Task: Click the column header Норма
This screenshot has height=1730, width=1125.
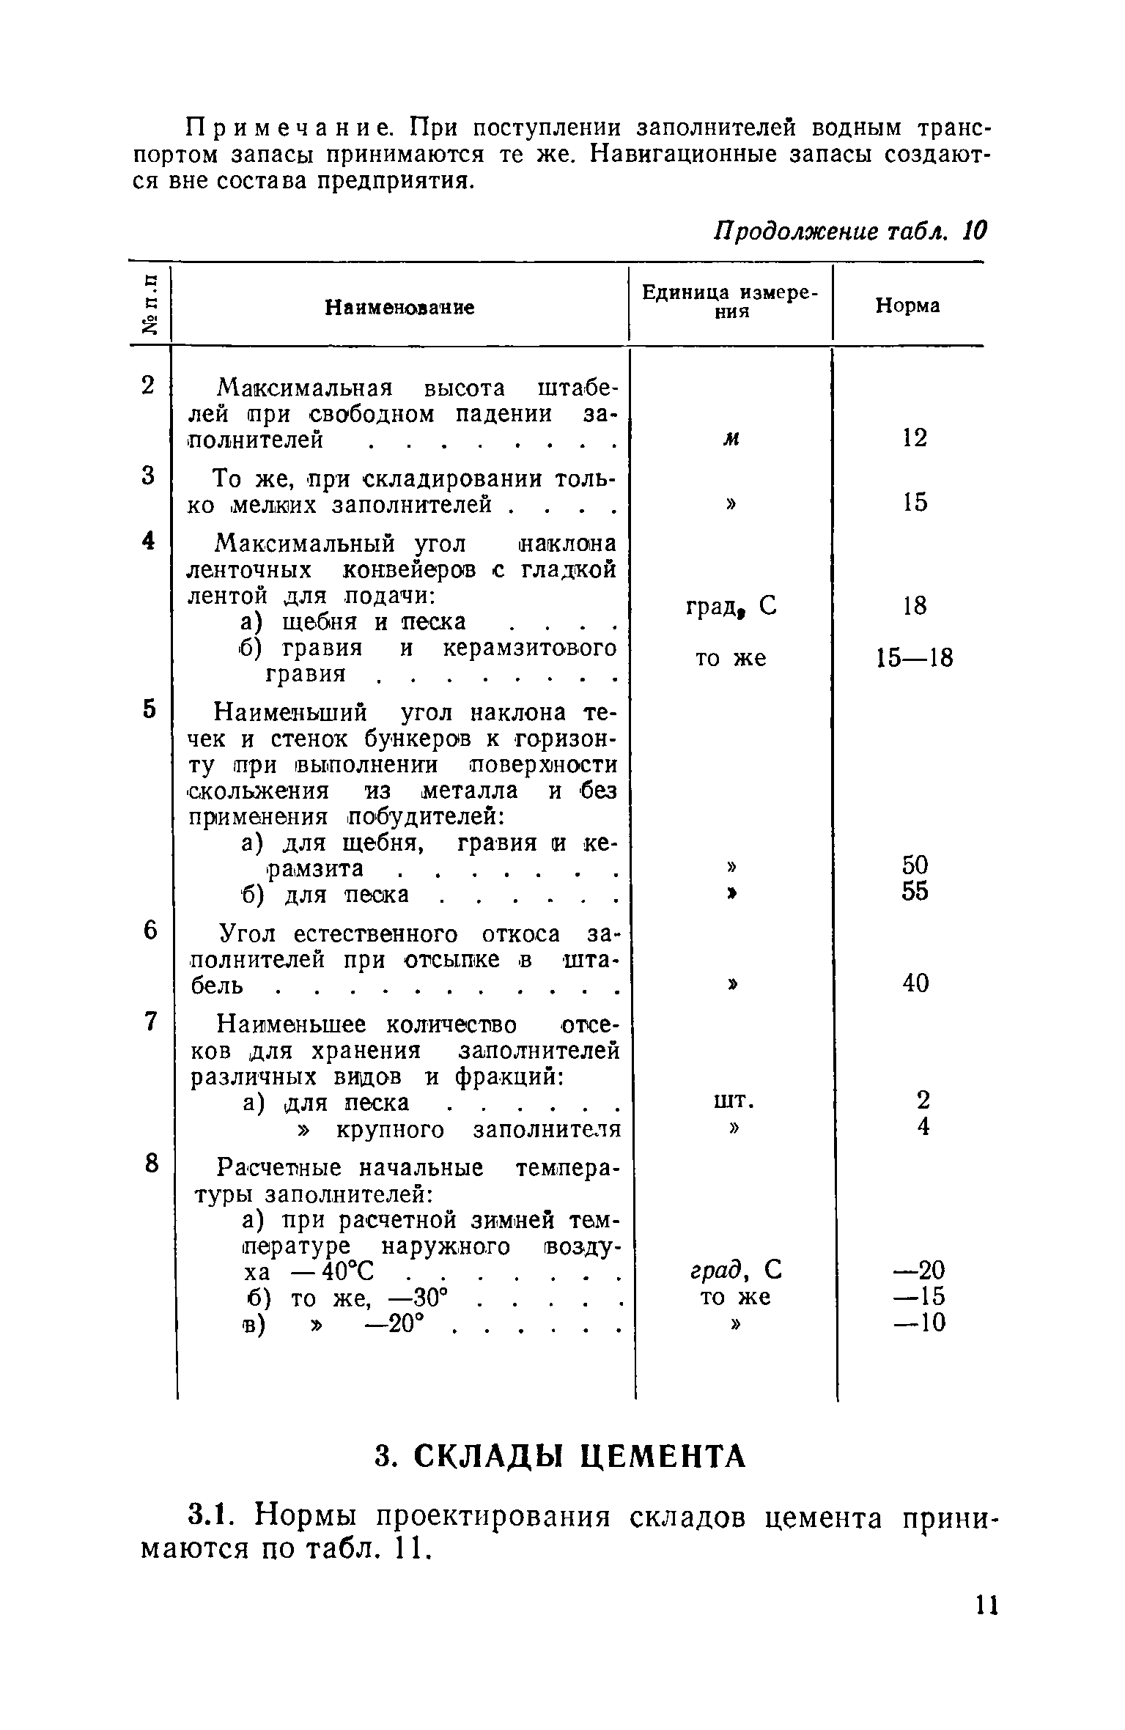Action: pyautogui.click(x=907, y=306)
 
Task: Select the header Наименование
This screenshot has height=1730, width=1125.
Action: pyautogui.click(x=399, y=308)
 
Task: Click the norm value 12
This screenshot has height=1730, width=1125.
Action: pyautogui.click(x=915, y=438)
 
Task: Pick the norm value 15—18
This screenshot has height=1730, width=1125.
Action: pyautogui.click(x=915, y=659)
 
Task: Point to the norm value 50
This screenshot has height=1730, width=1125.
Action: pyautogui.click(x=915, y=866)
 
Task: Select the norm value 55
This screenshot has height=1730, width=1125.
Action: pyautogui.click(x=915, y=892)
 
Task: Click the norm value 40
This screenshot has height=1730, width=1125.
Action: pyautogui.click(x=915, y=983)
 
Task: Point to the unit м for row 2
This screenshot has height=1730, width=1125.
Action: pyautogui.click(x=731, y=439)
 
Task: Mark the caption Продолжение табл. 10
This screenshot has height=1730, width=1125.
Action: pyautogui.click(x=851, y=232)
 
